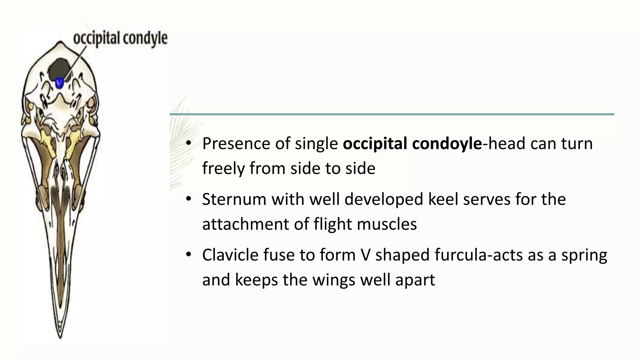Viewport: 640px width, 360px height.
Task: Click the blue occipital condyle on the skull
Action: [59, 83]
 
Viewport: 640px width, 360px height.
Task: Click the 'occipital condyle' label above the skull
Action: [120, 39]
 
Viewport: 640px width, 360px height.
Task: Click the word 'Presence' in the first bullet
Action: [236, 144]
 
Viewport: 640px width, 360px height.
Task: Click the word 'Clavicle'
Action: [230, 255]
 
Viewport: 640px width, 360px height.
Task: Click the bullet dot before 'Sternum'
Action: [188, 199]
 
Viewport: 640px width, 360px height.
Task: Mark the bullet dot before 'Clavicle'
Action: [188, 255]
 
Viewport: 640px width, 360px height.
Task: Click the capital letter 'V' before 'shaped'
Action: [365, 255]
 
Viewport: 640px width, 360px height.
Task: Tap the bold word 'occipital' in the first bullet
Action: [375, 144]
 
